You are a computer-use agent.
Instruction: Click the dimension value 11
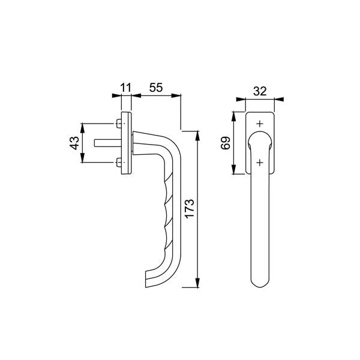pos(125,88)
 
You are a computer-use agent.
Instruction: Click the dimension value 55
pos(156,88)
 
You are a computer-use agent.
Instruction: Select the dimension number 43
pos(74,143)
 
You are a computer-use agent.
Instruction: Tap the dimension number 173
pos(190,208)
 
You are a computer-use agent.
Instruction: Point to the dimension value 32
pos(260,91)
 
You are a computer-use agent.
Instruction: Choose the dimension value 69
pos(225,143)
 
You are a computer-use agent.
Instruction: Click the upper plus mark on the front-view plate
pos(259,124)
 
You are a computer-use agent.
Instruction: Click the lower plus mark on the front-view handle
pos(259,162)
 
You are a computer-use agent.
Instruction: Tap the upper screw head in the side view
pos(118,124)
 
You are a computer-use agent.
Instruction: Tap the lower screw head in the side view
pos(118,162)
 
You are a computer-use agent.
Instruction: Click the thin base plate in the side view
pos(126,143)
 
